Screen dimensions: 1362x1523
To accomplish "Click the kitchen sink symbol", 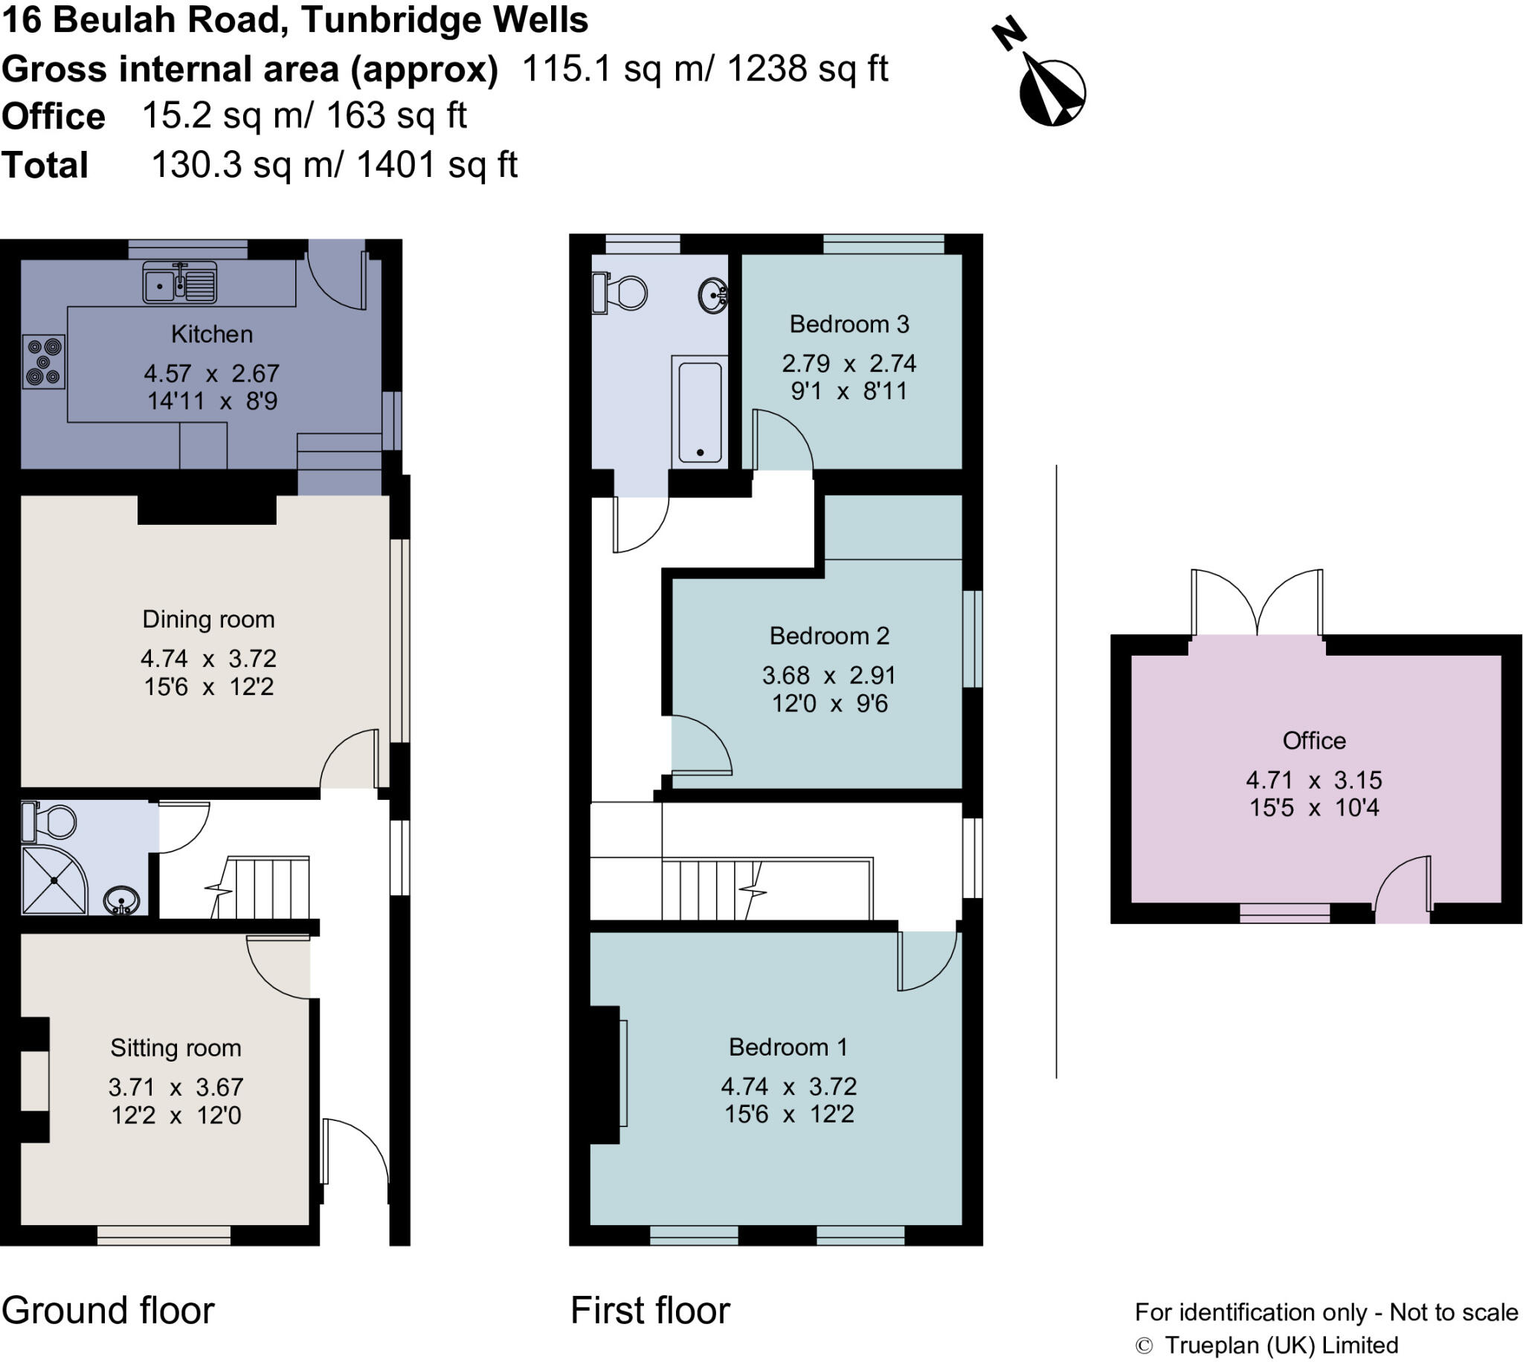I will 180,282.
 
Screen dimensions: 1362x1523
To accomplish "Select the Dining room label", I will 208,619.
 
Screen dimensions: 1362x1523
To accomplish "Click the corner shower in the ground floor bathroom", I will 52,880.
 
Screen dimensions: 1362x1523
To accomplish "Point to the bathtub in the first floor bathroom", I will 700,411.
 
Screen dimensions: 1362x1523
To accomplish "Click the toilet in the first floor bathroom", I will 621,294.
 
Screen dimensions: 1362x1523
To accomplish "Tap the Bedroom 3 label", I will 849,324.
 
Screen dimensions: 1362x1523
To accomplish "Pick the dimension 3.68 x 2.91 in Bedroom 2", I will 828,676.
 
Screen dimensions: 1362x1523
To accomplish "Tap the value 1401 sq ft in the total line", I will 437,164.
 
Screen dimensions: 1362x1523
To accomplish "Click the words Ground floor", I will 108,1311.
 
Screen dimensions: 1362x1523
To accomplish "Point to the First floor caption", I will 650,1311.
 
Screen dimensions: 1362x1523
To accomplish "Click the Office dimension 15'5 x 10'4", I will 1313,807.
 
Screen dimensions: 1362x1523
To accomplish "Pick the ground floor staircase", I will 262,888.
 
